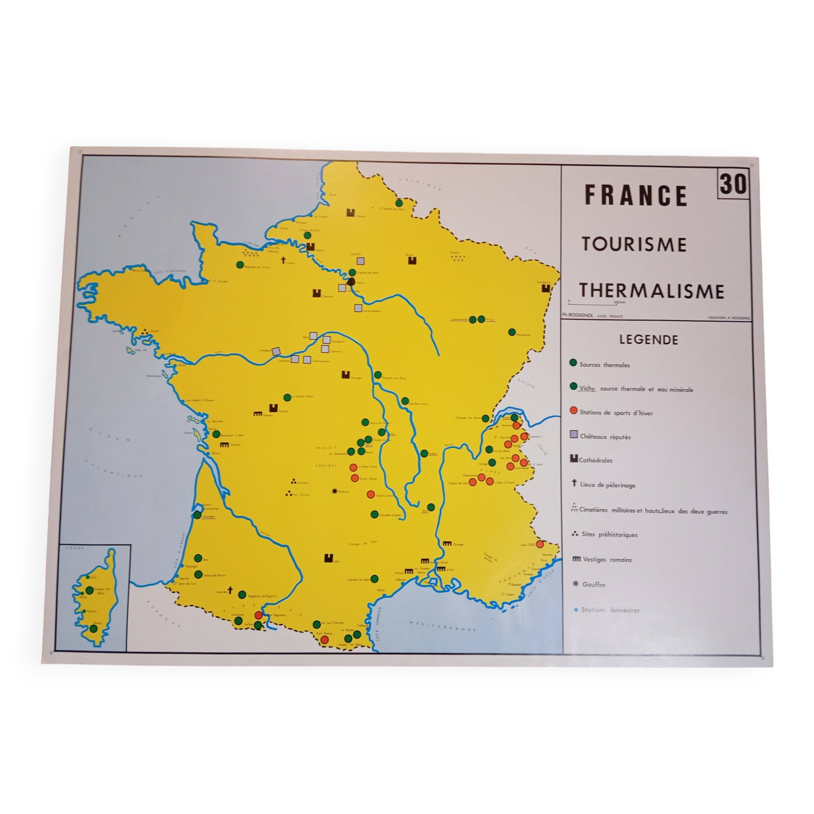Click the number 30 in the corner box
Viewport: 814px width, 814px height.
point(733,184)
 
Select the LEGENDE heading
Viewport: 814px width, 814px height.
point(648,340)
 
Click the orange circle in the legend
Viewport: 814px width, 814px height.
point(573,411)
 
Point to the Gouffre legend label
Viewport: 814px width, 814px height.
point(594,584)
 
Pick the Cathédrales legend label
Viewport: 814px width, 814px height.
point(595,460)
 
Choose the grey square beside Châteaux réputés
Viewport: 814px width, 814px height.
point(573,435)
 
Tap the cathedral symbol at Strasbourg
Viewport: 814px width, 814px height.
point(547,288)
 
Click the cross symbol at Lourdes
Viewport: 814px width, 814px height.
point(230,590)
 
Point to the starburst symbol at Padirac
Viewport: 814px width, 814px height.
point(335,491)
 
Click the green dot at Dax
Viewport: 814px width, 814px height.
point(198,558)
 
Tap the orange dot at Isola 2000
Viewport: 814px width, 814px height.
point(540,544)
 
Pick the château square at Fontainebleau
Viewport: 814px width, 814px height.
point(358,308)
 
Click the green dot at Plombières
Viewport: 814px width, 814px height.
point(512,332)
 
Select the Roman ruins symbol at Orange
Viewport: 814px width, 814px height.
point(446,543)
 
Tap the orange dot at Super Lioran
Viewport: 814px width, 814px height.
point(371,494)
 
